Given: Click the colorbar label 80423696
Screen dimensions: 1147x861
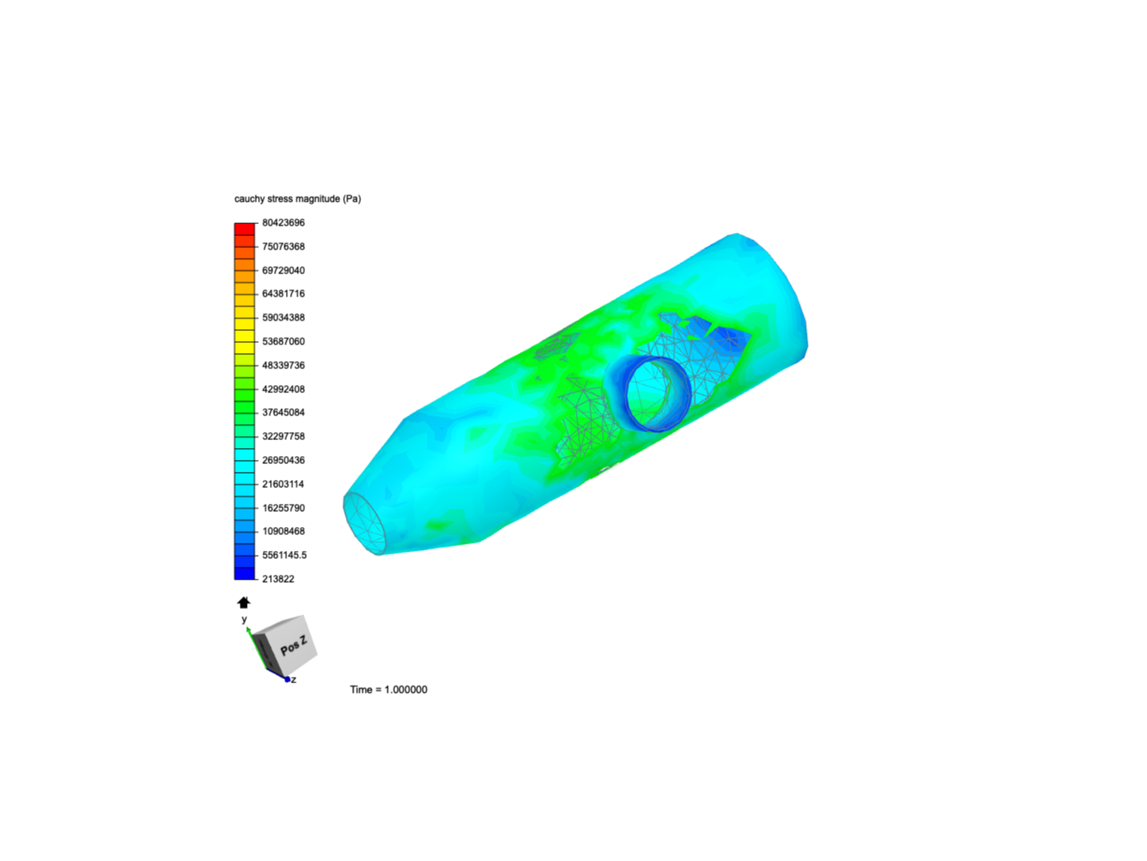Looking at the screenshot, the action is [x=284, y=222].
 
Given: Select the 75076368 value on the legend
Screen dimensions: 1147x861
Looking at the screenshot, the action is [x=284, y=247].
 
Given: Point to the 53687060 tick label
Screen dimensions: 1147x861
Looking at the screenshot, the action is [x=284, y=341].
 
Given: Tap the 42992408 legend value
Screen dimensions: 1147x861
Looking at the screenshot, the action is [x=284, y=389].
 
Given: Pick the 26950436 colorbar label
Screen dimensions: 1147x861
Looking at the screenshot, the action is [x=284, y=460].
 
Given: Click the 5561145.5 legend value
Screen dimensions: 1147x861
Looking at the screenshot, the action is [x=284, y=555].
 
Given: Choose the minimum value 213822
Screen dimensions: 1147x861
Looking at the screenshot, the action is [x=278, y=579].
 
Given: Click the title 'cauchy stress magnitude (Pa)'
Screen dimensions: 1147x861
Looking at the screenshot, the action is [x=297, y=199].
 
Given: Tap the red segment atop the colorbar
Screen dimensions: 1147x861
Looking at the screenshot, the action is [x=245, y=229].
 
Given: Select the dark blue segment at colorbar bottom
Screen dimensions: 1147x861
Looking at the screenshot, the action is [x=245, y=573].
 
